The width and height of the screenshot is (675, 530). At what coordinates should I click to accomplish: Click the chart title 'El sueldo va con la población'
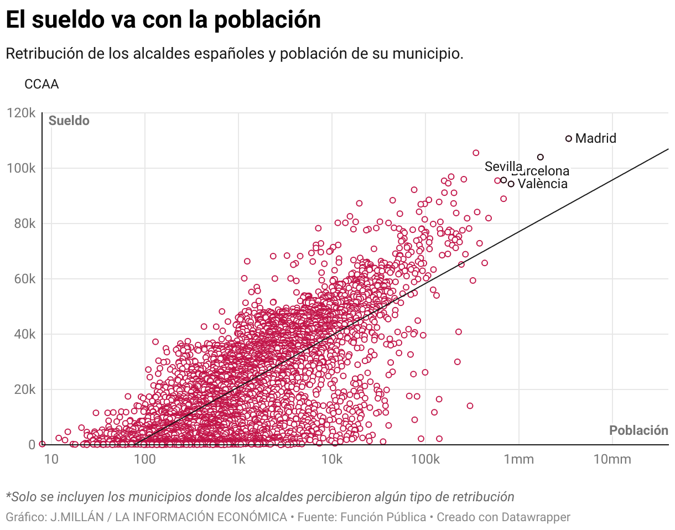tap(163, 20)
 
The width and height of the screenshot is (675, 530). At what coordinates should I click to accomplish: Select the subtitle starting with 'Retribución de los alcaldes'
tap(234, 54)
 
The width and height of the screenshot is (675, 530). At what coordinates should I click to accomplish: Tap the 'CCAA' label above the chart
tap(41, 84)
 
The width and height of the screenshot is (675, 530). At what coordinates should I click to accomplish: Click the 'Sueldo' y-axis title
tap(69, 121)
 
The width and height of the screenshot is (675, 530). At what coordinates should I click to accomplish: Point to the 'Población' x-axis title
tap(638, 430)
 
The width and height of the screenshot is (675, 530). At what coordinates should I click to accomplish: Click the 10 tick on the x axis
tap(51, 459)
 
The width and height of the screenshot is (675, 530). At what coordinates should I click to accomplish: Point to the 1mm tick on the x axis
tap(518, 459)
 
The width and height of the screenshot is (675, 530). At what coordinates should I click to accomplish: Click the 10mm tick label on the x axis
tap(612, 459)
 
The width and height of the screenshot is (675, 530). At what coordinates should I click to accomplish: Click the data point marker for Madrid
tap(568, 138)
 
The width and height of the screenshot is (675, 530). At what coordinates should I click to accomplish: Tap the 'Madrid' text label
tap(595, 138)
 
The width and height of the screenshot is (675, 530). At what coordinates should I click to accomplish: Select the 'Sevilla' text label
tap(503, 167)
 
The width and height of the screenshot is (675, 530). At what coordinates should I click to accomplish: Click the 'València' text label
tap(542, 184)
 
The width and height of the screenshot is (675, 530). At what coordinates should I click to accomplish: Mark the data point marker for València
tap(511, 184)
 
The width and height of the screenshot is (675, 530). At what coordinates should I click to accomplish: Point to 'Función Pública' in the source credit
tap(383, 517)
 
